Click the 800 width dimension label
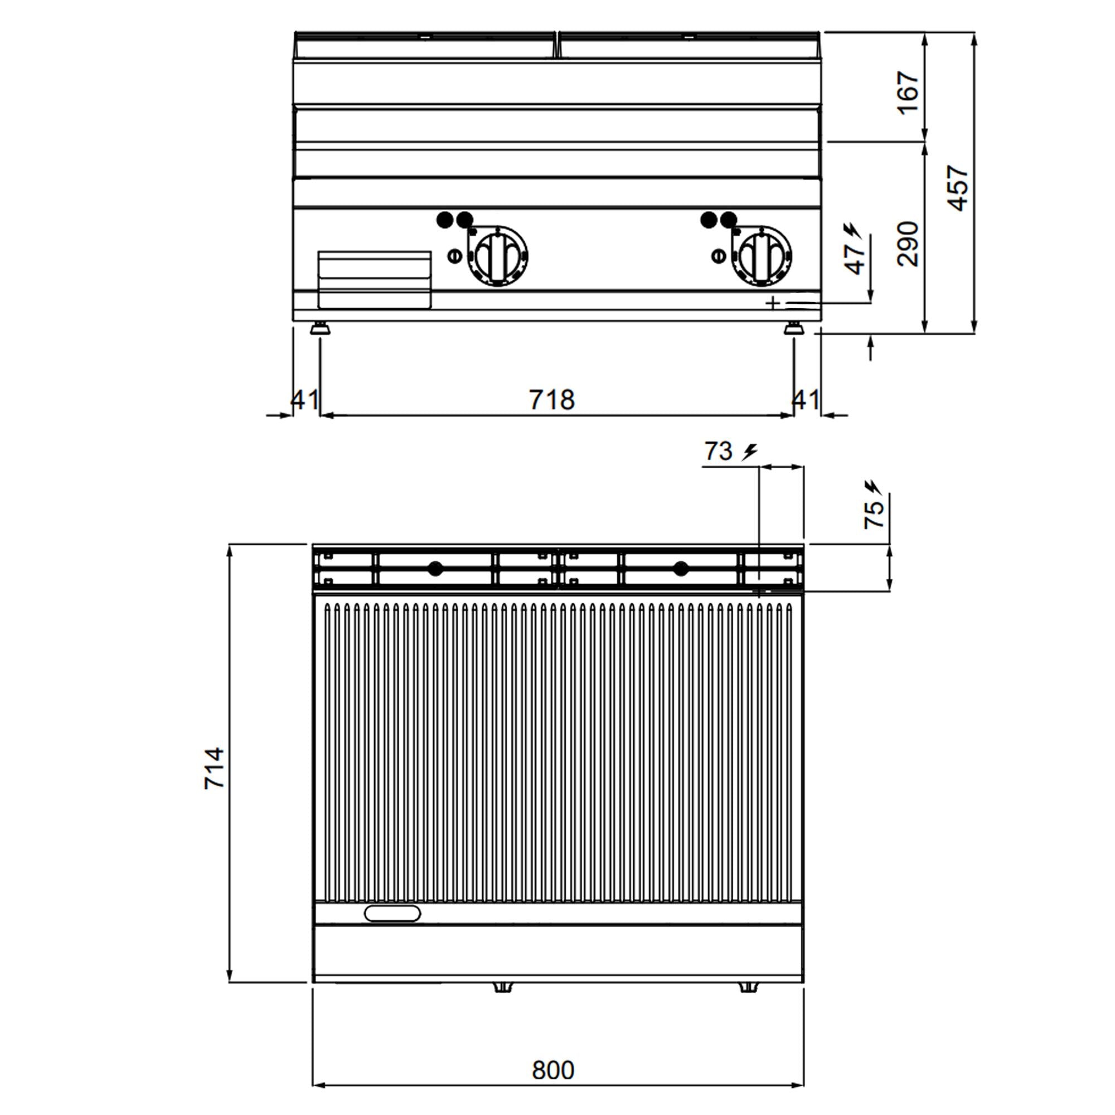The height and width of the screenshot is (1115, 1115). click(552, 1069)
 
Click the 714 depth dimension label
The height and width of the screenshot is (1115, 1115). click(215, 768)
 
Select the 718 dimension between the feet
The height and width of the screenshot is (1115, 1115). click(552, 400)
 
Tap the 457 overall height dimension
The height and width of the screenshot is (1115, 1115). click(957, 187)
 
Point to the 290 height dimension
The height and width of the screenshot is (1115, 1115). click(908, 243)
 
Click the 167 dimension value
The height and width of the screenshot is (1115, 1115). click(908, 93)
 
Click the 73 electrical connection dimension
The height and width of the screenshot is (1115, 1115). click(719, 450)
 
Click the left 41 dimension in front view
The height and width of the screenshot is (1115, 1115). click(304, 399)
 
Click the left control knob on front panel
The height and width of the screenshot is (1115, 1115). click(497, 255)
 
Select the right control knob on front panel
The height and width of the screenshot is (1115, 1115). click(761, 255)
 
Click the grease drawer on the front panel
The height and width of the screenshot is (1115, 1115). click(375, 280)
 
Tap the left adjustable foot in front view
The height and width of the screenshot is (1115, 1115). click(319, 329)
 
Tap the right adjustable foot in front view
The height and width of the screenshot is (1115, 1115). click(794, 329)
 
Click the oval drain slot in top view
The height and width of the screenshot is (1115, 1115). click(392, 914)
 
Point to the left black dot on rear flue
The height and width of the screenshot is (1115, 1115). click(435, 569)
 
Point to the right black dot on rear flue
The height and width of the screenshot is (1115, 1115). click(681, 569)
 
